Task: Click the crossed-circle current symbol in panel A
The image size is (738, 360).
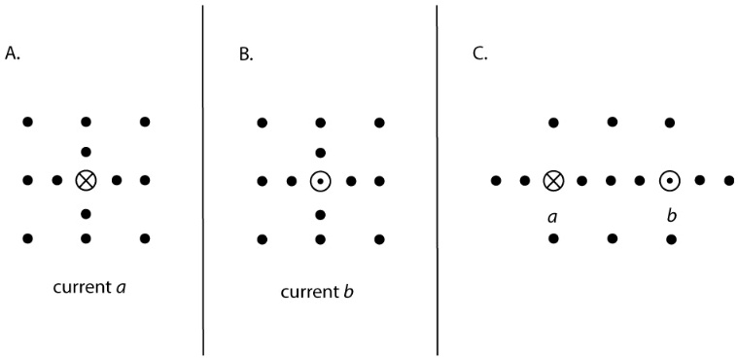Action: [86, 180]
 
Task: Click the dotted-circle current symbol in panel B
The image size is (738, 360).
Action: [320, 181]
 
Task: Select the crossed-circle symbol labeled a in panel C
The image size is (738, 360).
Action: [553, 180]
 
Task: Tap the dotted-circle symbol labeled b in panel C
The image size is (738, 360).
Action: [670, 180]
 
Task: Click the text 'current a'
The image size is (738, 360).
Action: [86, 288]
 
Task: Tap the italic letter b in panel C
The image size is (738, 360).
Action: [671, 214]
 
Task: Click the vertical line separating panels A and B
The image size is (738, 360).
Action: [202, 180]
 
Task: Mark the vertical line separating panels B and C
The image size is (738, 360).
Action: [437, 180]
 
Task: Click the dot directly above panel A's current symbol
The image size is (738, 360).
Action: [86, 152]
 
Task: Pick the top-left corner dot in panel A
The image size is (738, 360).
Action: [27, 122]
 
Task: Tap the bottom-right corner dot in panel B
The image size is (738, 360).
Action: [379, 238]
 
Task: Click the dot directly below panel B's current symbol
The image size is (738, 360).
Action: [320, 213]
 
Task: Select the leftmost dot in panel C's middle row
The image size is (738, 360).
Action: [496, 180]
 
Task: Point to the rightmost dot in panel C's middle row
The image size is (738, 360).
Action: [728, 180]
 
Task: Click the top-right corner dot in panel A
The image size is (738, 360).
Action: [145, 122]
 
